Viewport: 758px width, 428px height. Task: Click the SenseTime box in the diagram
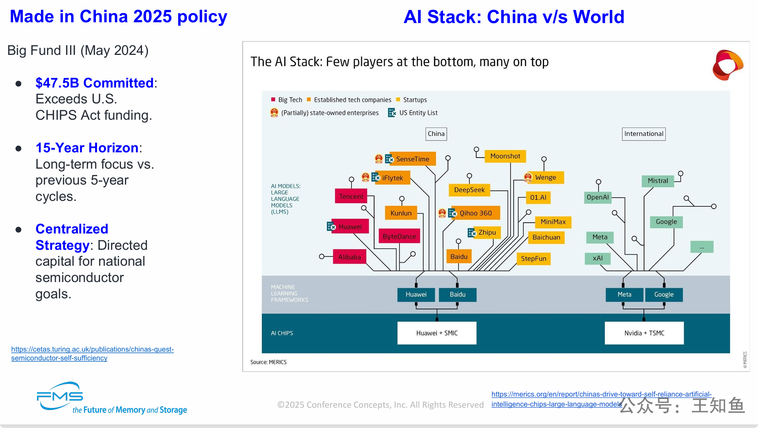click(x=412, y=159)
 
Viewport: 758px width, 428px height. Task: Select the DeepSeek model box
click(x=469, y=190)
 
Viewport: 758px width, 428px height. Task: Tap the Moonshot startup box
click(x=505, y=156)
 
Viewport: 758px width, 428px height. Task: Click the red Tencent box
click(x=351, y=196)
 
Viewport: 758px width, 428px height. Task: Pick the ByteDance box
click(x=399, y=236)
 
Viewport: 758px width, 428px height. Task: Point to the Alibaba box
click(x=350, y=257)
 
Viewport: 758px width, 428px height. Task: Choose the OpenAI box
click(x=598, y=197)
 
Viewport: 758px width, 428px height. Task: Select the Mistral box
click(x=658, y=181)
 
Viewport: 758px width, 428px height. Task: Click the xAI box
click(x=598, y=259)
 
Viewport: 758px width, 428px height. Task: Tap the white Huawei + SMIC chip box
click(x=437, y=333)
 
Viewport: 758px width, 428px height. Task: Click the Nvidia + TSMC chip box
click(x=644, y=333)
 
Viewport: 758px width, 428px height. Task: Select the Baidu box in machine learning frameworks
click(x=457, y=295)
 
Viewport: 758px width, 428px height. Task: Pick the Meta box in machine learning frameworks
click(x=624, y=295)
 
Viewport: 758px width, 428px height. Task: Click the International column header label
click(x=644, y=134)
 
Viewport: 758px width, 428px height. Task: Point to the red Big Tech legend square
click(x=273, y=99)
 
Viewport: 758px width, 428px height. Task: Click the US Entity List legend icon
click(x=392, y=113)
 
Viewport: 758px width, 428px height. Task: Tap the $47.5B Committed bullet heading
click(x=95, y=83)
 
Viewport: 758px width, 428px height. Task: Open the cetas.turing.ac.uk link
click(x=92, y=354)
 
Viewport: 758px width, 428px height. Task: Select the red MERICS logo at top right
click(x=728, y=65)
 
